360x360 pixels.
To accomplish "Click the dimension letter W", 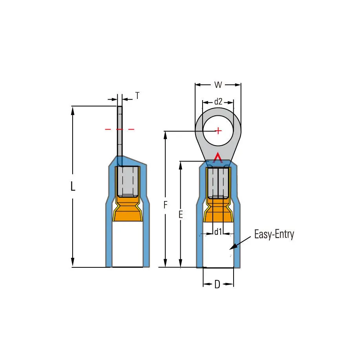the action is click(x=218, y=85).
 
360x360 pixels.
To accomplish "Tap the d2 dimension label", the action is click(x=218, y=101).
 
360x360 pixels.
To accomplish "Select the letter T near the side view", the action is click(x=137, y=95).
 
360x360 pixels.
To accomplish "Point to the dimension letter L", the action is click(x=73, y=186).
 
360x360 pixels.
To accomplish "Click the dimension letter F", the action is click(x=166, y=205).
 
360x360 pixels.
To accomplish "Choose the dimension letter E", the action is click(x=181, y=214).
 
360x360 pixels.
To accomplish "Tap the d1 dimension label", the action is click(x=218, y=232).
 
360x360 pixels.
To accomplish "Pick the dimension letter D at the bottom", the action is click(x=217, y=284).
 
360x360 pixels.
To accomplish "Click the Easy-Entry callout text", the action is click(x=274, y=234).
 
